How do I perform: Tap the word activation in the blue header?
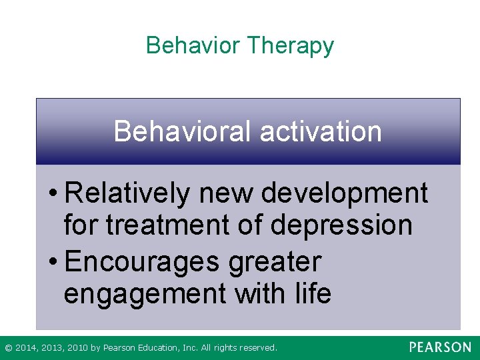click(x=321, y=131)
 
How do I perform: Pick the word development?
click(x=345, y=194)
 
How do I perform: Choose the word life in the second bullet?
click(x=310, y=293)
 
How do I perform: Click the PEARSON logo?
click(x=440, y=347)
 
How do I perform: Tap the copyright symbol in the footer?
click(x=8, y=348)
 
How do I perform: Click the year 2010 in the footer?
click(x=77, y=348)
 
